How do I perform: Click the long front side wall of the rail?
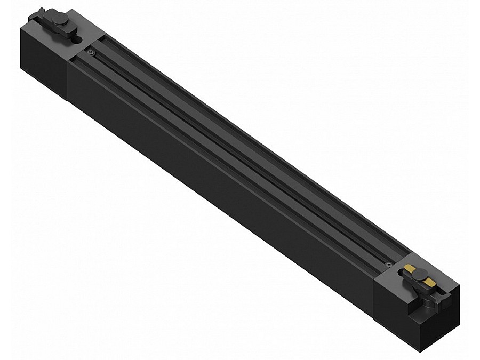tap(213, 176)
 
